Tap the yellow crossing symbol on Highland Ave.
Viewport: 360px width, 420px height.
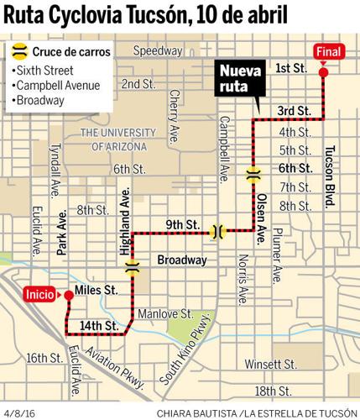(x=131, y=268)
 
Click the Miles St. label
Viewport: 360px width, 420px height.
(x=94, y=291)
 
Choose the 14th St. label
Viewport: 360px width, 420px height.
(x=98, y=323)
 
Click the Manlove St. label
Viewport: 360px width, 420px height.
(x=162, y=314)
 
